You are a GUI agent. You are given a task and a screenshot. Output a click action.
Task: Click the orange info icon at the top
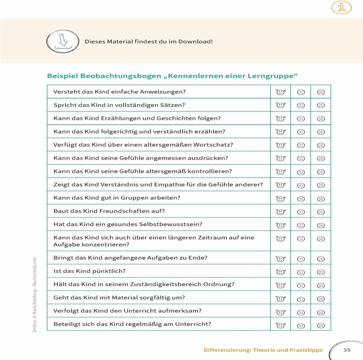[341, 7]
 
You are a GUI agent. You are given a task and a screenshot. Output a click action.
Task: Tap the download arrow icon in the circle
[63, 41]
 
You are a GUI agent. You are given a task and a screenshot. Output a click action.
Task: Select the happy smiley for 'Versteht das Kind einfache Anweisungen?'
[280, 92]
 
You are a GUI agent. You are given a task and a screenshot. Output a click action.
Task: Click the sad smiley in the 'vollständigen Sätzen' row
[320, 105]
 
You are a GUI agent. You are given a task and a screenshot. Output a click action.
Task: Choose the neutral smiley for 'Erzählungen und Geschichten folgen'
[301, 119]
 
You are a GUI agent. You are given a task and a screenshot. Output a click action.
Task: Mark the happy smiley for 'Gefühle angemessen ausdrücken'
[280, 158]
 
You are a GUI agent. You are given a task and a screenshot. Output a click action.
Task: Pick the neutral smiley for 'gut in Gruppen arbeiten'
[301, 199]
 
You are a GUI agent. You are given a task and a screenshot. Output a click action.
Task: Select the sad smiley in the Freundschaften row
[320, 212]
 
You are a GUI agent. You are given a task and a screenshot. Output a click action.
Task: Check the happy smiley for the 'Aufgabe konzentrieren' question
[280, 239]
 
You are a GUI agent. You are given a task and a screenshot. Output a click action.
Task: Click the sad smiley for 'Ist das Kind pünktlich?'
[320, 272]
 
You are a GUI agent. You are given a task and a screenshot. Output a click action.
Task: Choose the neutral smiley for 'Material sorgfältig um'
[301, 299]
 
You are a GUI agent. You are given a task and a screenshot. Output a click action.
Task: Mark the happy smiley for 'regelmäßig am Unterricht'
[280, 325]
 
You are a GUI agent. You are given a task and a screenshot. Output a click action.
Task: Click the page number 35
[347, 350]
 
